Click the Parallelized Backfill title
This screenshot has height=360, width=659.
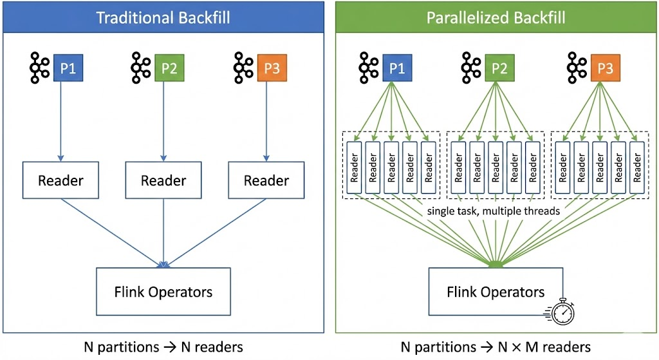click(x=496, y=17)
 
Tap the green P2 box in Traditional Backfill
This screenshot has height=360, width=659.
click(x=169, y=68)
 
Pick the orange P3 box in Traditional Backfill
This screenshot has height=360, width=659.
click(x=272, y=68)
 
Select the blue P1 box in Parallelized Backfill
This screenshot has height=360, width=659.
click(x=397, y=68)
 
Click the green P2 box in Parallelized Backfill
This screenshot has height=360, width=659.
click(x=499, y=68)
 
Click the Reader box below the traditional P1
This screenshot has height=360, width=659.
click(x=60, y=180)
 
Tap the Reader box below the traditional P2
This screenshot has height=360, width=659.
click(x=163, y=180)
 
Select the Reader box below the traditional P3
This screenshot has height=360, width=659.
click(x=266, y=180)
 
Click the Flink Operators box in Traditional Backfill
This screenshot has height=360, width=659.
click(x=163, y=292)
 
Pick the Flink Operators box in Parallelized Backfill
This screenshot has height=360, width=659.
click(x=496, y=292)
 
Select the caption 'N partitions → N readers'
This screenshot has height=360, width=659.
click(x=163, y=346)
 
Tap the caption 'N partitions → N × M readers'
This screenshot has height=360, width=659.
click(x=496, y=346)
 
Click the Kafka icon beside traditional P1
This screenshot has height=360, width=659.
click(x=40, y=68)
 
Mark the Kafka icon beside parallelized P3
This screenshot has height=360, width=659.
click(x=577, y=68)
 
